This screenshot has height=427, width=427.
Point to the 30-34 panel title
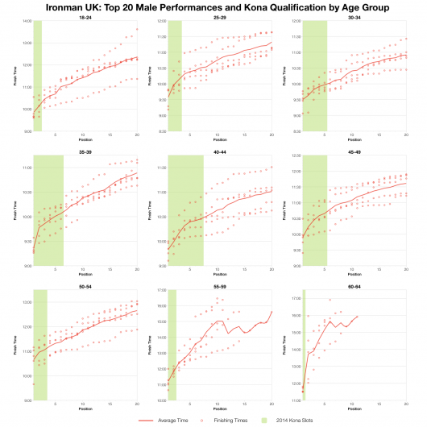[354, 16]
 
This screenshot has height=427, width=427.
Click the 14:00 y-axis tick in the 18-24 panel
[26, 21]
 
